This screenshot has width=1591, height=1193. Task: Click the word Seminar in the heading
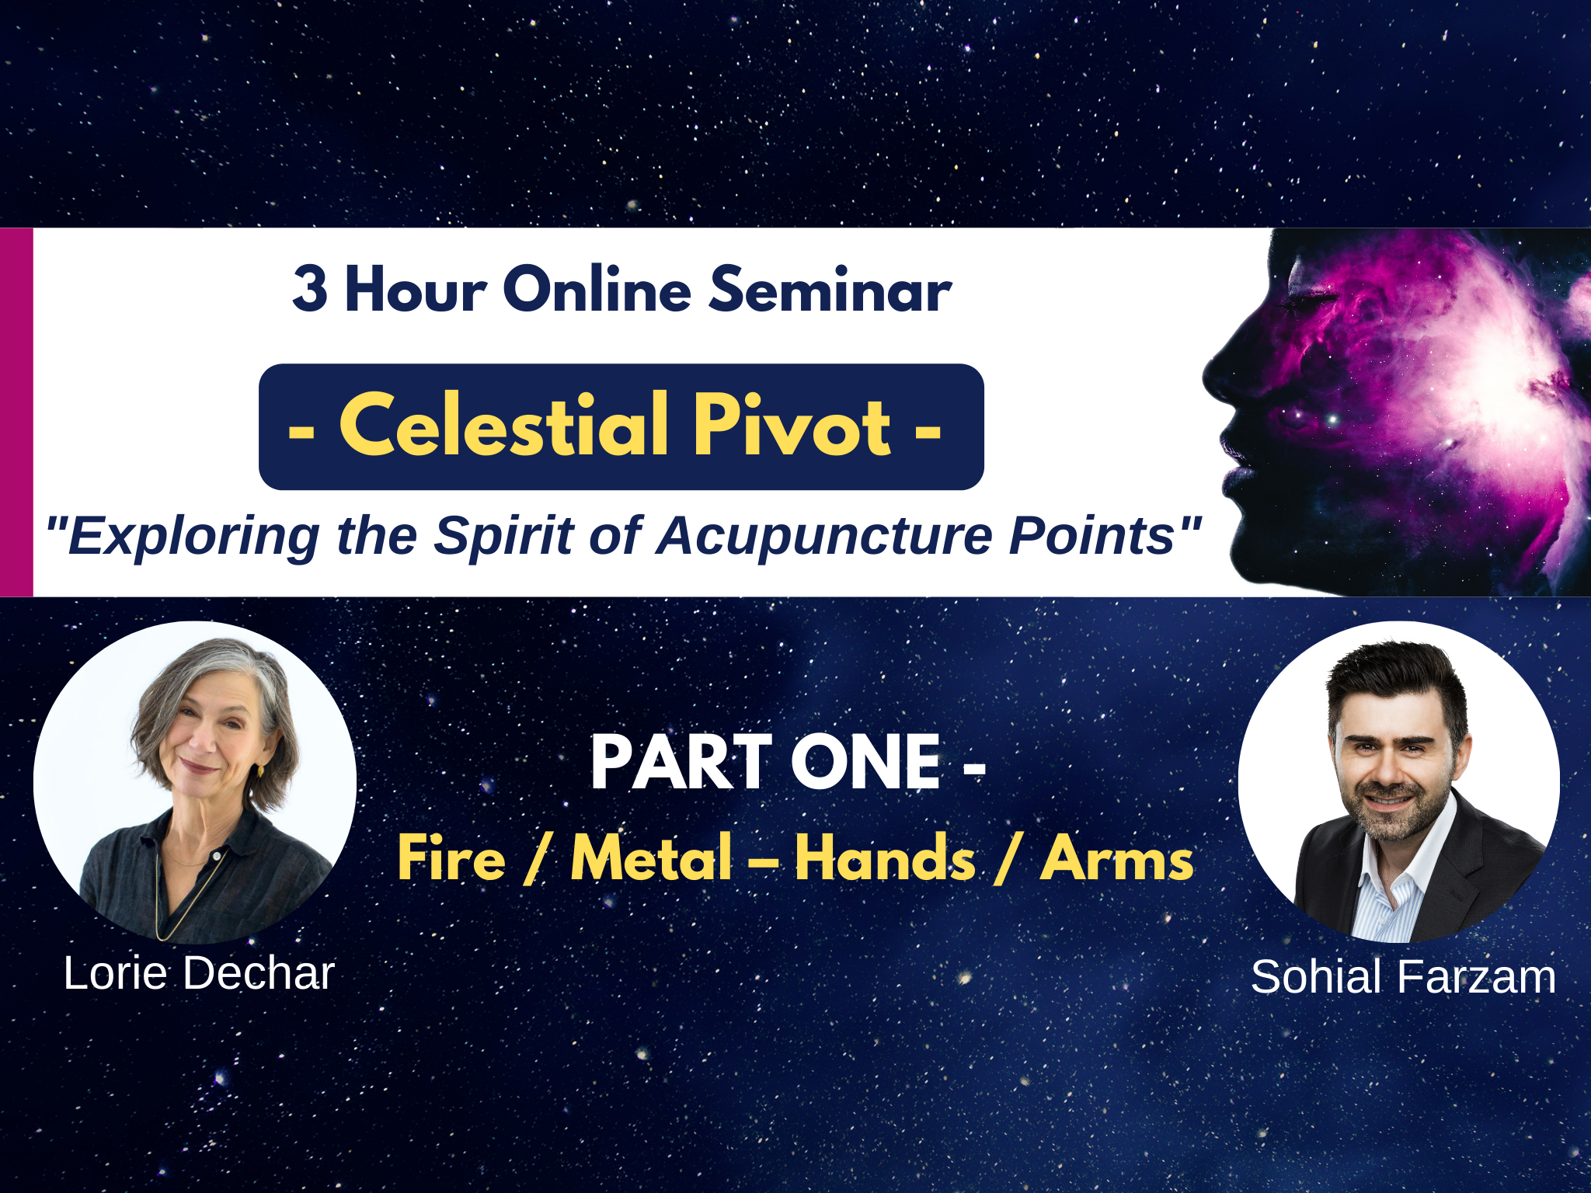coord(830,289)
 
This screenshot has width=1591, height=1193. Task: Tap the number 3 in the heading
coord(309,289)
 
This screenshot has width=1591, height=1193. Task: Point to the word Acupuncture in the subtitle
coord(825,537)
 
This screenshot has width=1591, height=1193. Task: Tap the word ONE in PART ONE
coord(867,763)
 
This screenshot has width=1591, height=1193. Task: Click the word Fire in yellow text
coord(451,858)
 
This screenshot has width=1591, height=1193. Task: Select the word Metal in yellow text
coord(652,858)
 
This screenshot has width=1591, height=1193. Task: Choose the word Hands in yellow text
coord(885,858)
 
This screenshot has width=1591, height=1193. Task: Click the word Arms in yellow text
coord(1117,858)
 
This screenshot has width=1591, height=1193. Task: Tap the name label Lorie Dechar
coord(199,973)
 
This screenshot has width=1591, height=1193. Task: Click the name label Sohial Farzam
coord(1403,976)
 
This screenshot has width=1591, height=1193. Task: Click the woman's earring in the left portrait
coord(260,771)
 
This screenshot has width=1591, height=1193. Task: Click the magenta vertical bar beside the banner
coord(16,412)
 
